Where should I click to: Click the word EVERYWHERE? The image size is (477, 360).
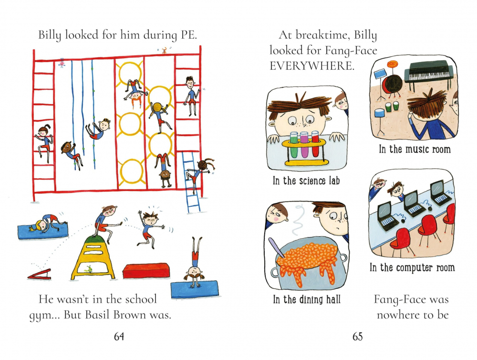[x=312, y=66]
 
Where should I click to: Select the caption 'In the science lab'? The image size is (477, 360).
[x=306, y=180]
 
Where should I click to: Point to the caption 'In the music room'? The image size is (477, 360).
[x=415, y=149]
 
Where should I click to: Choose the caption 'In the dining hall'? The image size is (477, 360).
[x=307, y=299]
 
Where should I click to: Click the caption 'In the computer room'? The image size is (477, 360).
[x=412, y=268]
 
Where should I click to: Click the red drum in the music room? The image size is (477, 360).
[x=392, y=84]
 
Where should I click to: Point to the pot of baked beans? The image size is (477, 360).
[x=309, y=262]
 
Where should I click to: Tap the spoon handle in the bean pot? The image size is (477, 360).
[x=275, y=247]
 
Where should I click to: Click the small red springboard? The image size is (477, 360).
[x=40, y=274]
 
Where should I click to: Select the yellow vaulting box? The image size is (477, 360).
[x=93, y=257]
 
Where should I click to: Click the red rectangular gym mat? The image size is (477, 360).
[x=146, y=270]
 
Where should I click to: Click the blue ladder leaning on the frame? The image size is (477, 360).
[x=192, y=182]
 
